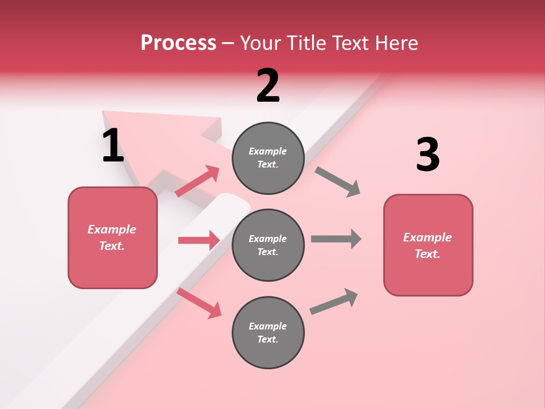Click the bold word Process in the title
[178, 43]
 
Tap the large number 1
[113, 145]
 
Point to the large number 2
[268, 86]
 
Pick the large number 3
[427, 155]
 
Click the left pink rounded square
[112, 267]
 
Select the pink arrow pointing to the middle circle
[199, 240]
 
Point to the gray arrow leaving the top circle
[337, 181]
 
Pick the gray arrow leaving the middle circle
[336, 239]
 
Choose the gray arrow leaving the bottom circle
[334, 302]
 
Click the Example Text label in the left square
[112, 237]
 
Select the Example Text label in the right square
[427, 245]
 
